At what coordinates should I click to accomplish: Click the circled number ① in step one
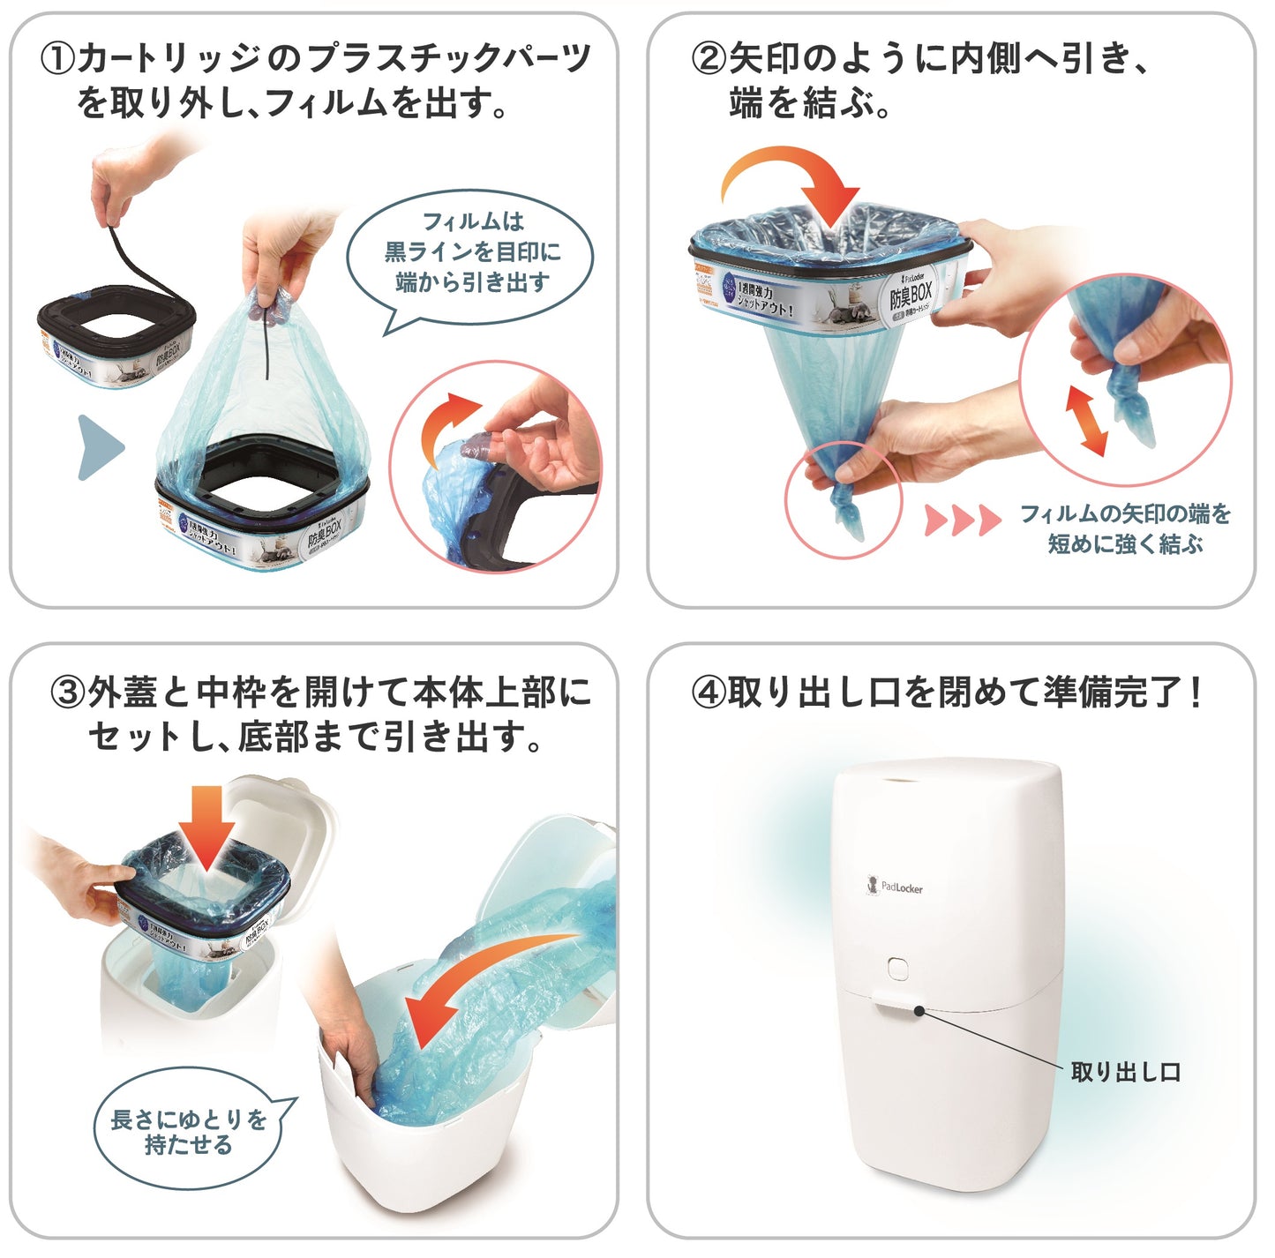(58, 60)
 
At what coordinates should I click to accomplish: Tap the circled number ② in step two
(709, 60)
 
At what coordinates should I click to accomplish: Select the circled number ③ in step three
(68, 693)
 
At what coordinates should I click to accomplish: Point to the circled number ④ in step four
(709, 693)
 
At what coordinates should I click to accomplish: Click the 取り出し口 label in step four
(1125, 1072)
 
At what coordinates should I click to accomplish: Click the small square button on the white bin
(898, 968)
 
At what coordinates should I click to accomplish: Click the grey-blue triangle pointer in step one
(99, 447)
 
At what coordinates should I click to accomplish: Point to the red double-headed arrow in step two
(1086, 421)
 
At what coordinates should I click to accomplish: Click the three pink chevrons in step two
(961, 520)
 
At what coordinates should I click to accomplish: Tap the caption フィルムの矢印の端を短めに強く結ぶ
(1124, 528)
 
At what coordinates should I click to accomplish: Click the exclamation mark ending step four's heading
(1195, 693)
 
